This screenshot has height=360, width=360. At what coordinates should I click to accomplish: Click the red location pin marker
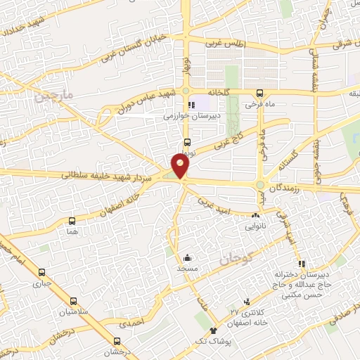(181, 165)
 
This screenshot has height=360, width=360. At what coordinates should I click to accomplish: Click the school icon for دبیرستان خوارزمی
(192, 105)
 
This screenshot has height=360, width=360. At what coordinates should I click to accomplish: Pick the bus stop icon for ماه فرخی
(259, 92)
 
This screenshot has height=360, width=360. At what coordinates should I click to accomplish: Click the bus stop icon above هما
(72, 220)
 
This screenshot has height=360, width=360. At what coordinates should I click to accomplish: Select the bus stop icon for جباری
(42, 273)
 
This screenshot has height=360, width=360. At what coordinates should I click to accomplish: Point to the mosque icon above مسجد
(187, 258)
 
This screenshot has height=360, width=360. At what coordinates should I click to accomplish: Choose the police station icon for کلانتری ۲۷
(245, 300)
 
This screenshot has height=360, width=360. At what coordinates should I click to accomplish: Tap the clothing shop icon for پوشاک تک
(213, 329)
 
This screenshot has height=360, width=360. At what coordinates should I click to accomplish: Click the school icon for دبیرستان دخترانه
(302, 264)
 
